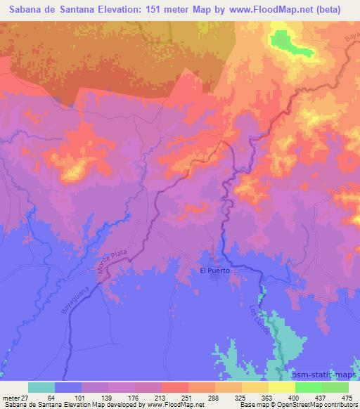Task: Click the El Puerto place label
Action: coord(215,271)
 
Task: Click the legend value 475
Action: coord(347,398)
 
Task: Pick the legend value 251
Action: coord(188,398)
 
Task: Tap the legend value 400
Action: coord(294,398)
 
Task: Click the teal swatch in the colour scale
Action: coord(41,387)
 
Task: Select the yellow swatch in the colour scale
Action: coord(281,387)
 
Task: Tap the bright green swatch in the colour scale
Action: coord(308,387)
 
